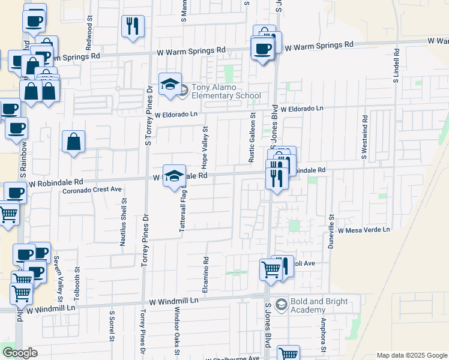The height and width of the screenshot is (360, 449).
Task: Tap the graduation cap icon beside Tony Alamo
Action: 170,85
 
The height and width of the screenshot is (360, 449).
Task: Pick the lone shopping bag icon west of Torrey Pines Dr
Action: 73,142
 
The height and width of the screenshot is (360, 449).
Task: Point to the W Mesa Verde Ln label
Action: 363,230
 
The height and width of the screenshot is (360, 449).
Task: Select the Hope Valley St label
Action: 205,146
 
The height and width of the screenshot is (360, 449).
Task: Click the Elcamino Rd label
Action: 205,273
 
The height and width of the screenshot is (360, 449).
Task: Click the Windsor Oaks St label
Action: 176,328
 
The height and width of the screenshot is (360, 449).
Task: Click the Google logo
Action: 20,353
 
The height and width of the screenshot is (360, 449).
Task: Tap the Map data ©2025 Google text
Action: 411,355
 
